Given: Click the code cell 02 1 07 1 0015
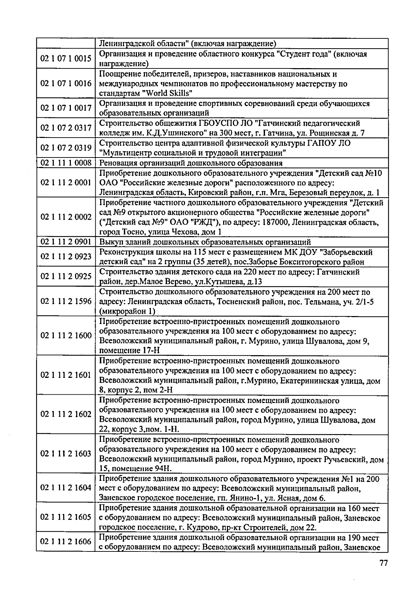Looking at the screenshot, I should pos(66,59).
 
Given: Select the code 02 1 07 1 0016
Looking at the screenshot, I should pos(66,83).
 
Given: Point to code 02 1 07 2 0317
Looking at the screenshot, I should pos(66,128).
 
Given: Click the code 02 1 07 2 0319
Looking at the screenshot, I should pos(66,148).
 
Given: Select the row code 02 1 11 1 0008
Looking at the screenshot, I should pos(66,163).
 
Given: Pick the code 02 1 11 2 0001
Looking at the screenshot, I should pos(66,183).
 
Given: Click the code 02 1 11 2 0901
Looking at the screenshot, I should pos(66,242).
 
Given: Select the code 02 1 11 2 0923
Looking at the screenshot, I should pos(66,257).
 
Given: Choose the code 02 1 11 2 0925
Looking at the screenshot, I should pos(66,277).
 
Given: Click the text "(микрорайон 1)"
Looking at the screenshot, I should pos(127,311).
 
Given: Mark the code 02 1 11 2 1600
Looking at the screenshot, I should pos(66,336).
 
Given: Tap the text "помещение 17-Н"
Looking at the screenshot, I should pos(130,351).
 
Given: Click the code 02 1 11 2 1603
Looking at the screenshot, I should pos(66,454).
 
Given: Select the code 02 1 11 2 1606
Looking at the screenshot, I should pos(66,542).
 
